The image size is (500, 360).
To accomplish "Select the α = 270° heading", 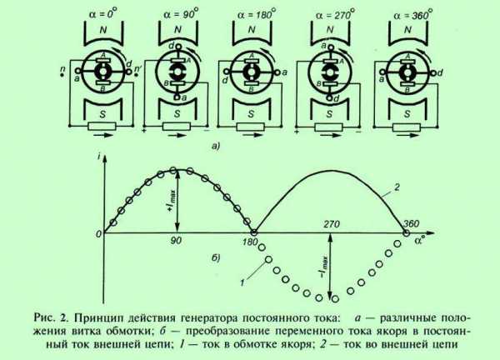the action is pos(335,14).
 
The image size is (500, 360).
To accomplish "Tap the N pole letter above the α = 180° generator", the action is pos(252,30).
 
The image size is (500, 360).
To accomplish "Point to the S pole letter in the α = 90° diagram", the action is pos(177,114).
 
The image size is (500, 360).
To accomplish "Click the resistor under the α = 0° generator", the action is pos(102,127).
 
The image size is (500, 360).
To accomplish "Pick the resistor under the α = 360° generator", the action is pos(407,127).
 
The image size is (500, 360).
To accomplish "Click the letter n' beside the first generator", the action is pos(138,68).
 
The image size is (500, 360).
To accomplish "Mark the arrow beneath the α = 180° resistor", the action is pos(251,135).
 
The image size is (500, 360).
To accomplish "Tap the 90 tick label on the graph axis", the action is pos(176,241).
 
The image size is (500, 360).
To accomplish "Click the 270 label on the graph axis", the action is pos(332,224).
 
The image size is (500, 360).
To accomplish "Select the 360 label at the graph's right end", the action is pos(411,223).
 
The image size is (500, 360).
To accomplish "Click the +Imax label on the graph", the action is pos(172,201).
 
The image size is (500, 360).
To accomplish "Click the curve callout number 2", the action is pos(397,187).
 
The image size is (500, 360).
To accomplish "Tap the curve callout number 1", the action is pos(242,282).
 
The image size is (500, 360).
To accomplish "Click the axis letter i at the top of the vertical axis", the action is pos(100,156).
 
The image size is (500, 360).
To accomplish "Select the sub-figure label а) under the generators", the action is pos(216,146).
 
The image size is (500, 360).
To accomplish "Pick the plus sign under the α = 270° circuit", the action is pos(297,131).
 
